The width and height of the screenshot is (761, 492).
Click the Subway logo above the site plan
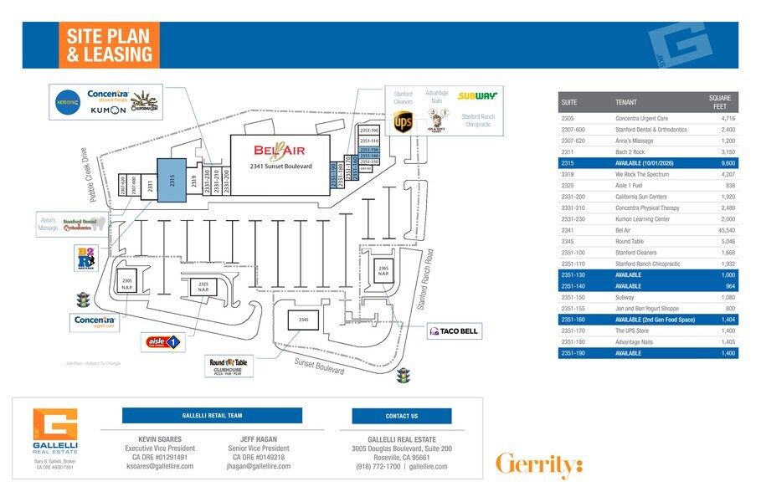point(478,96)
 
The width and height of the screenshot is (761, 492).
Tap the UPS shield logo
point(404,122)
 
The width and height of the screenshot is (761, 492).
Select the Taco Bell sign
point(454,331)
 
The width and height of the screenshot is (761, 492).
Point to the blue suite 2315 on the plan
point(172,177)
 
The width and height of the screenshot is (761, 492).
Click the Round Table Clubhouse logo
point(229,366)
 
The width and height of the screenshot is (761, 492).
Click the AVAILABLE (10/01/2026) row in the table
point(650,163)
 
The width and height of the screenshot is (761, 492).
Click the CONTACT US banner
point(402,416)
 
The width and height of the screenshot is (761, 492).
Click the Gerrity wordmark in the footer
point(538,464)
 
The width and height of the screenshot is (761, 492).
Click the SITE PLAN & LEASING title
point(109,45)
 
